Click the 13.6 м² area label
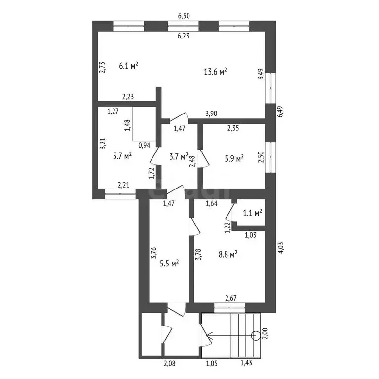coord(215,72)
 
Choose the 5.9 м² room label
coord(234,158)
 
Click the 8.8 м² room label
coord(227,254)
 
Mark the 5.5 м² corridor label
coord(169,264)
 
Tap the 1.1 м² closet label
coord(252,213)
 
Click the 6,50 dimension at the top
coord(184,16)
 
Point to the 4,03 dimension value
coord(280,247)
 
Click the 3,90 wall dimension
coord(211,114)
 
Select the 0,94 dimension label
coord(144,145)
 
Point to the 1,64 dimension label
coord(212,203)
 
